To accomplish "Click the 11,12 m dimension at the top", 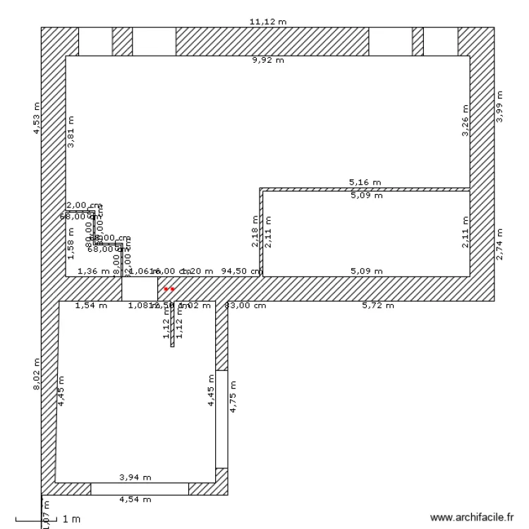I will click(x=268, y=22).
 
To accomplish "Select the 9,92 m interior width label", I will click(x=268, y=61).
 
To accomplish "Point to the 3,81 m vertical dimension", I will click(x=71, y=131).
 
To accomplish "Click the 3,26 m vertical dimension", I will click(x=465, y=121).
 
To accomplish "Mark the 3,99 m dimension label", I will click(x=500, y=107).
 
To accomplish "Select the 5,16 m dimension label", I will click(x=365, y=182).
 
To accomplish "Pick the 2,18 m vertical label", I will click(x=255, y=232).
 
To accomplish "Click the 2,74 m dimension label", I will click(x=500, y=244).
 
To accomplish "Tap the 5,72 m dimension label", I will click(x=378, y=305).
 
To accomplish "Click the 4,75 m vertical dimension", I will click(x=233, y=397).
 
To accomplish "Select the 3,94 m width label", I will click(x=135, y=478).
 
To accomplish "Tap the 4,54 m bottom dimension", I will click(x=135, y=499).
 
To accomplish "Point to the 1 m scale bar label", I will click(x=71, y=520).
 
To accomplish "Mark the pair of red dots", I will click(x=169, y=289).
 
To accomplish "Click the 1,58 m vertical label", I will click(x=71, y=244).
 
